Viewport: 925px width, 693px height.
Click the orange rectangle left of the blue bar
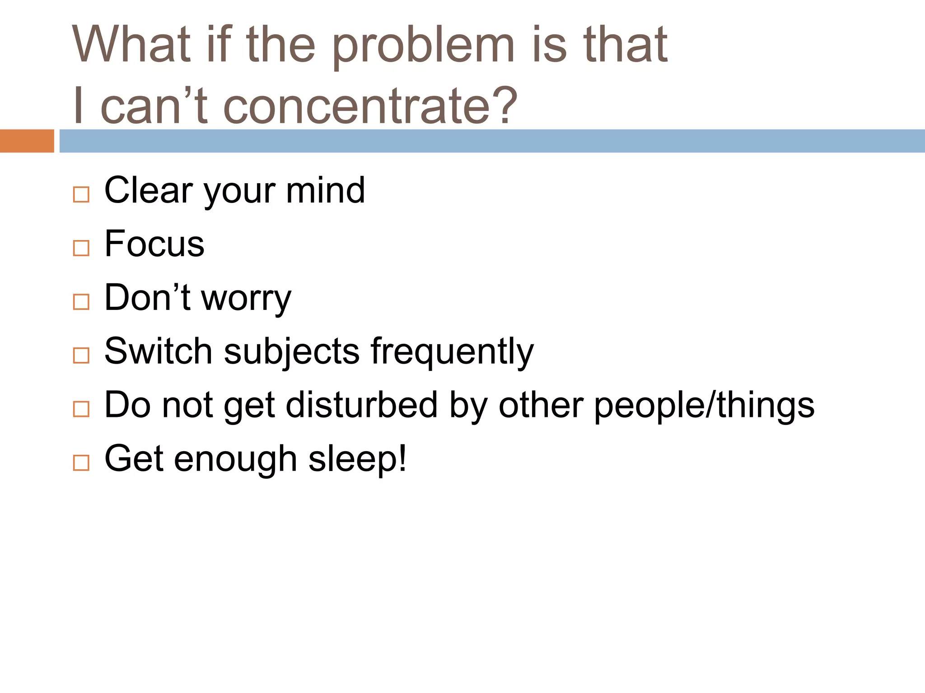(x=27, y=141)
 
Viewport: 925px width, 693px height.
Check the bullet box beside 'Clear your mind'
(x=81, y=194)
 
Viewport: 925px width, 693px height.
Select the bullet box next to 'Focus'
(x=81, y=248)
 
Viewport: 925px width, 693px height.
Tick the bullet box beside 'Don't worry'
(x=81, y=302)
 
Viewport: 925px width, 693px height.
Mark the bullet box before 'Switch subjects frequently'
(x=81, y=356)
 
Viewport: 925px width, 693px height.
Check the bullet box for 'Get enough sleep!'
(x=81, y=463)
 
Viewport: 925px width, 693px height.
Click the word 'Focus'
(x=154, y=244)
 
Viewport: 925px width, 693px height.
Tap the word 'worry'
(x=246, y=299)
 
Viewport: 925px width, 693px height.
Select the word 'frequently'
(x=452, y=352)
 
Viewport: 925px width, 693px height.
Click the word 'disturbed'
(x=361, y=405)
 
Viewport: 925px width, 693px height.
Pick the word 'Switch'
(x=158, y=351)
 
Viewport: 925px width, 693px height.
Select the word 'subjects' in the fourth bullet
(x=291, y=352)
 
